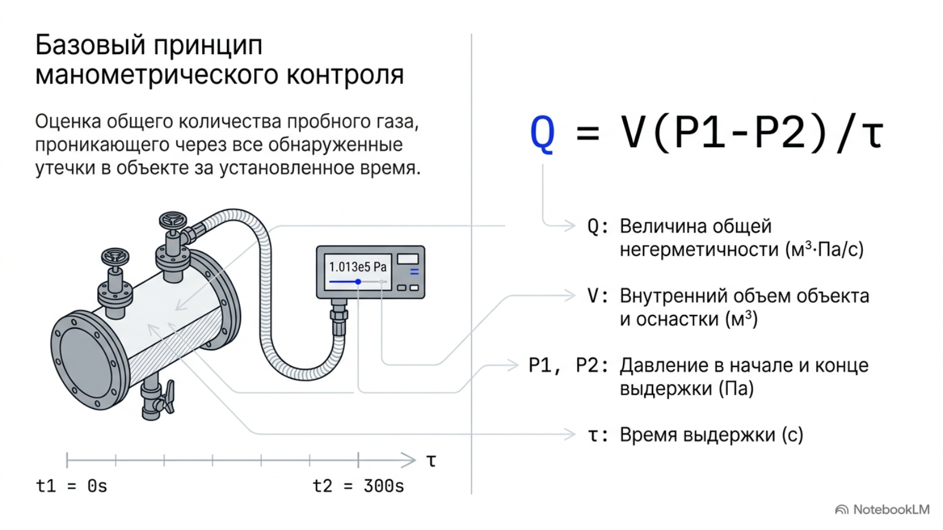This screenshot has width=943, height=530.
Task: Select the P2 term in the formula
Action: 780,132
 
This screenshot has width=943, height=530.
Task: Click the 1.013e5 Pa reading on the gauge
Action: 357,267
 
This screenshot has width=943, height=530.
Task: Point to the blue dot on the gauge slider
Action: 358,281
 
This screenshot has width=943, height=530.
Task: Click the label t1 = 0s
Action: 71,486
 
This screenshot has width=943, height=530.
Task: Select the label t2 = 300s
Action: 358,486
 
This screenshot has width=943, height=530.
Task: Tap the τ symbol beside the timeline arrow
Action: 431,461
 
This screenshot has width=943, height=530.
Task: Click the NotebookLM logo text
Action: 891,509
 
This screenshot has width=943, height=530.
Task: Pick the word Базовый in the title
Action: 90,45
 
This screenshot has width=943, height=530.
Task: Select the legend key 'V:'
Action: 598,296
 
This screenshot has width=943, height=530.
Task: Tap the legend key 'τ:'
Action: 598,435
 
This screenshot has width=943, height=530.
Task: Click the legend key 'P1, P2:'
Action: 568,366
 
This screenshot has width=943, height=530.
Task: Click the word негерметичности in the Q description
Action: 700,250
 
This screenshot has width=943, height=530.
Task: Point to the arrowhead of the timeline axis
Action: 409,460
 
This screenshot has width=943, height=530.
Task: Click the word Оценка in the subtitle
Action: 68,121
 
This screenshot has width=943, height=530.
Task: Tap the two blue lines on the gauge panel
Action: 414,271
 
